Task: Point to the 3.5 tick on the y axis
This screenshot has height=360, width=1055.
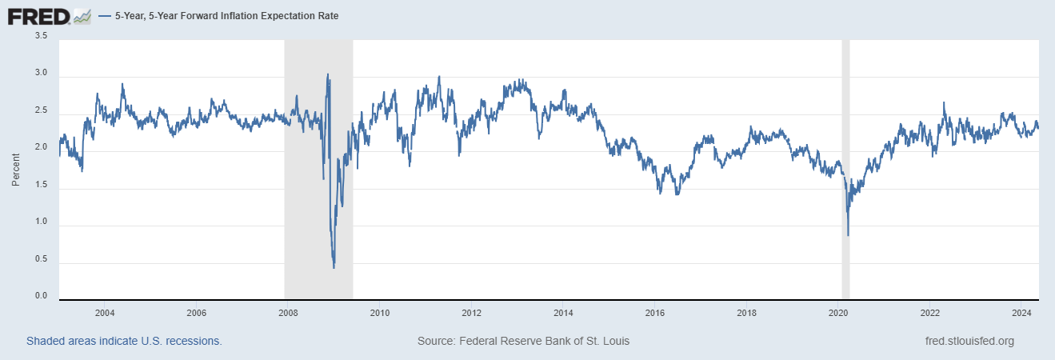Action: point(41,36)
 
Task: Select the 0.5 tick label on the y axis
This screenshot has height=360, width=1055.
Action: point(41,259)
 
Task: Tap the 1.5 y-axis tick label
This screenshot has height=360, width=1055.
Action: point(41,185)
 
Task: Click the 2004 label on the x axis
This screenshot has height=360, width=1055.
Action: point(105,312)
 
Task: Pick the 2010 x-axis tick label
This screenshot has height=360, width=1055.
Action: point(379,312)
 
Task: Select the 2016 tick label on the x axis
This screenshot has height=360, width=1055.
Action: point(655,312)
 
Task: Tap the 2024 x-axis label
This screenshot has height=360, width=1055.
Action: point(1021,312)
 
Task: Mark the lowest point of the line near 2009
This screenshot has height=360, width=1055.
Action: point(334,267)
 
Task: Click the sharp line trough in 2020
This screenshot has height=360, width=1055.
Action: point(848,235)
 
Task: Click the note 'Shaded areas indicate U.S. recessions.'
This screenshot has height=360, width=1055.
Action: point(124,342)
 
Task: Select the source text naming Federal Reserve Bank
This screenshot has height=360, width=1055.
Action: point(523,342)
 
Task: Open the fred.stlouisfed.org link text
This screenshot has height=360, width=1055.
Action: point(969,342)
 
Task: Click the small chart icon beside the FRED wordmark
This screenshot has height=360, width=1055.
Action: point(82,15)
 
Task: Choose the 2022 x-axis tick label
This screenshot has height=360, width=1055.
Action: point(929,312)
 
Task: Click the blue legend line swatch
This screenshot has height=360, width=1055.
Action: point(105,16)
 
